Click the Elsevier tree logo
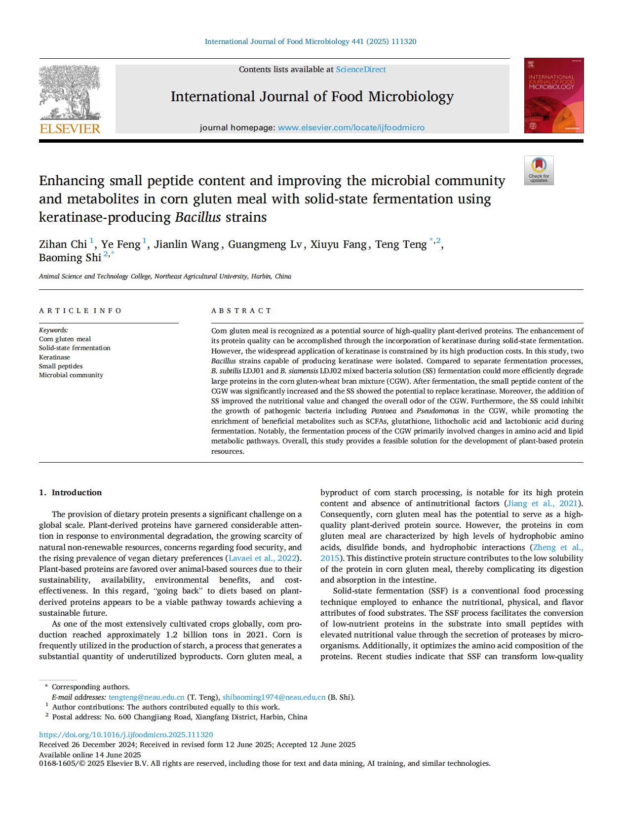[70, 92]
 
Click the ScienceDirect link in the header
[361, 70]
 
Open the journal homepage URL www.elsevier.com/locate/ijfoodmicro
[351, 128]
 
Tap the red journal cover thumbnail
[553, 95]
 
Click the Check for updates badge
[539, 171]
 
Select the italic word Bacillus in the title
[197, 217]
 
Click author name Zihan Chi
[63, 244]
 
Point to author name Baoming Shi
[70, 258]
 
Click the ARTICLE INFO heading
[80, 311]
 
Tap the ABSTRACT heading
[241, 311]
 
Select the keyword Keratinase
[54, 357]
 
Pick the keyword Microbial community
[71, 375]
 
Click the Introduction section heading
[77, 492]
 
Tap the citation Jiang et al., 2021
[542, 504]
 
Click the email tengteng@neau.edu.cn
[146, 697]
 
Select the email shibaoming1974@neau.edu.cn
[274, 697]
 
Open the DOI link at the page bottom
[126, 735]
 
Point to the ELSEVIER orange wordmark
[70, 129]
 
